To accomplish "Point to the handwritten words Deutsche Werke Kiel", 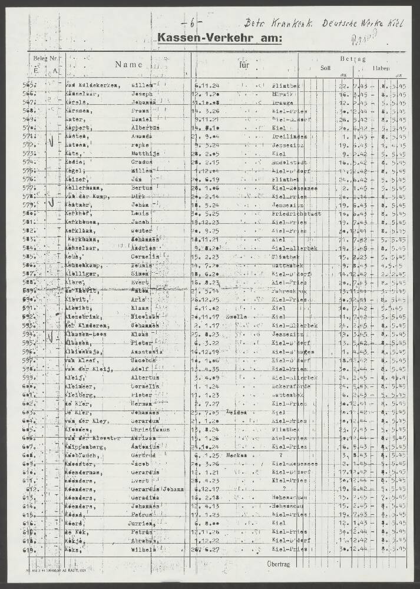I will coord(362,24).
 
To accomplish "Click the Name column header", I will coord(129,65).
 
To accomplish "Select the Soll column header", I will coord(325,68).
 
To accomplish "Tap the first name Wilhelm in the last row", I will coord(143,550).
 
